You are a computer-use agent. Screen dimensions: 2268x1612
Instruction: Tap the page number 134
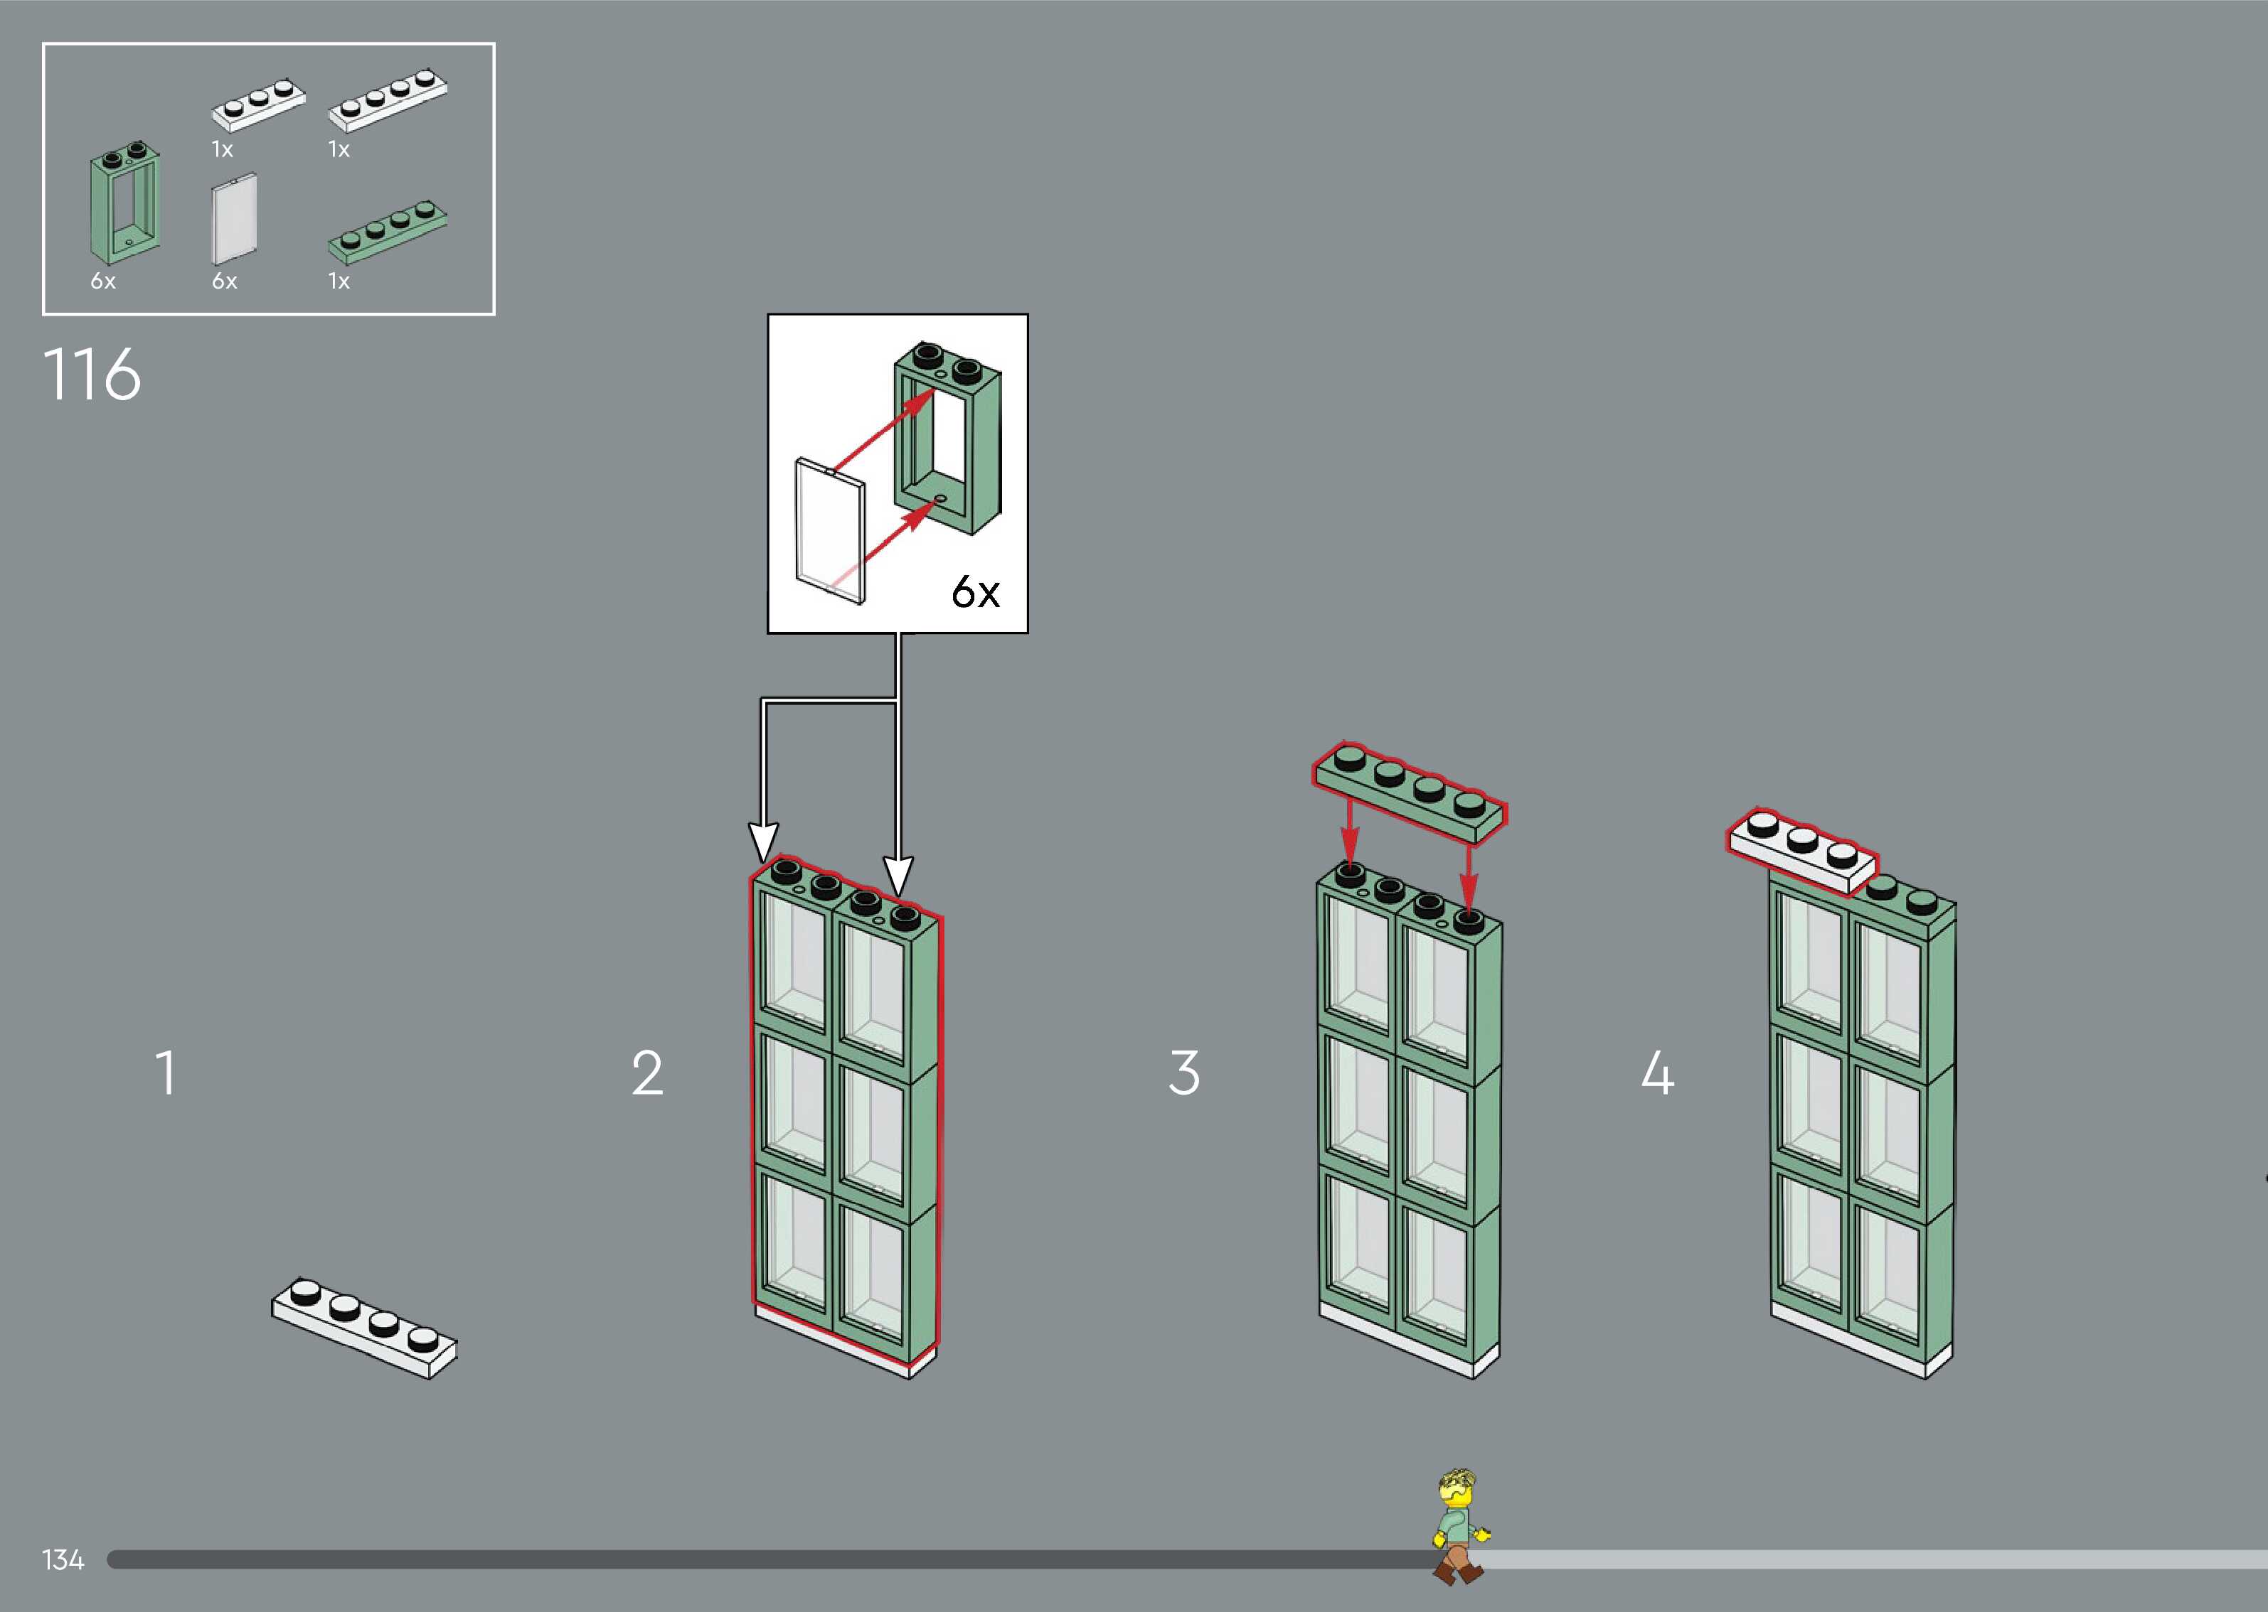pos(63,1559)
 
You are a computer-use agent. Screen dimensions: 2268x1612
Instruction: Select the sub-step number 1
pos(166,1073)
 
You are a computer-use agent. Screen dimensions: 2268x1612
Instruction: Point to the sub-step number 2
pos(647,1073)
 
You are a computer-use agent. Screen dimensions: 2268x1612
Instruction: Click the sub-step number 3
pos(1183,1073)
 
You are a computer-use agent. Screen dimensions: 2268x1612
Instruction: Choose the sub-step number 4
pos(1657,1073)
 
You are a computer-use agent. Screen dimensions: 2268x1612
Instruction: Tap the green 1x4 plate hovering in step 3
pos(1410,794)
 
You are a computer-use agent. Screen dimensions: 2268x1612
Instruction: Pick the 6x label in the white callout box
pos(975,593)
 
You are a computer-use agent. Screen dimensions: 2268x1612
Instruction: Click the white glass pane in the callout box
pos(830,530)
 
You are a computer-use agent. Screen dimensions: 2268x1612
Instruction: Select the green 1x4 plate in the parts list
pos(388,235)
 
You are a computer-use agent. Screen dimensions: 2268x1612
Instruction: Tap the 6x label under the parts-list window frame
pos(103,282)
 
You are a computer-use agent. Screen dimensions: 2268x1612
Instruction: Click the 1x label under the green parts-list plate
pos(339,282)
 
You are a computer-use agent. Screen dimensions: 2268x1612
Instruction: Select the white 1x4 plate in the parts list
pos(388,100)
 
